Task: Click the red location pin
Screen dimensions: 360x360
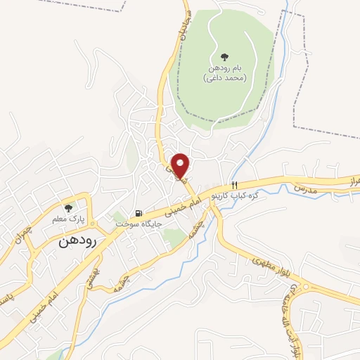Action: (x=181, y=166)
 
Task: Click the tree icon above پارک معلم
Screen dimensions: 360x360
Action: (x=68, y=207)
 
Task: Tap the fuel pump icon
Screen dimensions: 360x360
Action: (x=139, y=213)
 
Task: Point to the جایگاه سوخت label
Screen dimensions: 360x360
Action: (x=139, y=224)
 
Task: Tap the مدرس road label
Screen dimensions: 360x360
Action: (x=307, y=189)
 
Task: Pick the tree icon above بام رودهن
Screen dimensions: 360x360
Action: (x=224, y=56)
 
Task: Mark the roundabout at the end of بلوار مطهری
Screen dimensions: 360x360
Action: (x=304, y=288)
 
